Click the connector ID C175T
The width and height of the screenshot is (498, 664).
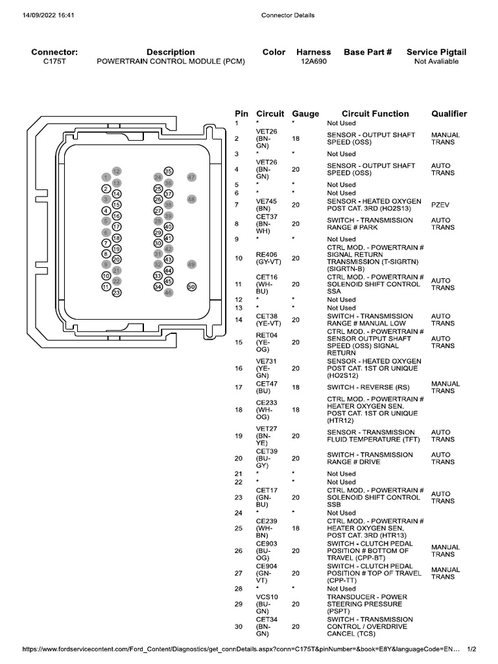54,62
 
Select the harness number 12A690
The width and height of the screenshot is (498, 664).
313,62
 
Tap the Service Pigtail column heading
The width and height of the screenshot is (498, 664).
436,52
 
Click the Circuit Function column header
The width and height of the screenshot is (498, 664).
375,113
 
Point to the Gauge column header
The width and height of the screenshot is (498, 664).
305,113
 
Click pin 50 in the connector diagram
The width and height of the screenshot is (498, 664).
191,287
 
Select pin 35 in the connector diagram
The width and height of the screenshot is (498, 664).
168,171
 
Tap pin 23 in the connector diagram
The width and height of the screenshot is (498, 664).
117,292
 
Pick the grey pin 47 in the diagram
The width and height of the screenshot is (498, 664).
191,177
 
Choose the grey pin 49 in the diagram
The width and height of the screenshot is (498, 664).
191,265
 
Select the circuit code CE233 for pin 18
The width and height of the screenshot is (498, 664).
267,402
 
